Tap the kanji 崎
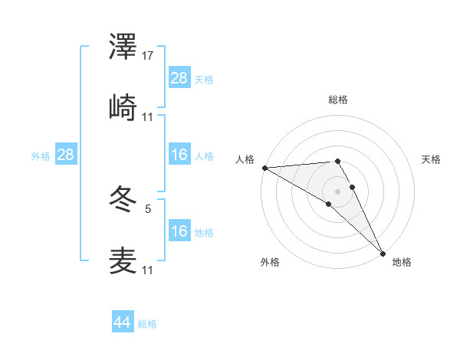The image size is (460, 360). click(x=123, y=107)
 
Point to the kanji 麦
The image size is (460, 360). click(x=123, y=260)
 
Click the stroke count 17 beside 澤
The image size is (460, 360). click(x=148, y=56)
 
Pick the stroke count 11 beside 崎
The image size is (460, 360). click(x=148, y=117)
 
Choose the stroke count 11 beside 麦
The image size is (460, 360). click(x=148, y=270)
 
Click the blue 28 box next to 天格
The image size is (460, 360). click(x=179, y=78)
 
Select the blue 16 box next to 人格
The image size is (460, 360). click(x=179, y=155)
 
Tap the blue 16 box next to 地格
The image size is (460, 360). click(x=179, y=231)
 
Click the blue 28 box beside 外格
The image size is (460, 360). click(x=66, y=155)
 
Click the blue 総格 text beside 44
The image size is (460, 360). click(x=147, y=324)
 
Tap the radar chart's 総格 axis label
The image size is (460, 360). click(x=338, y=100)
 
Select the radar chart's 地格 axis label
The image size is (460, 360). click(x=402, y=262)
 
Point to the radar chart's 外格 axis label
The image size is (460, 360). click(x=270, y=262)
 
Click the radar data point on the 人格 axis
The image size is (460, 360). click(x=264, y=168)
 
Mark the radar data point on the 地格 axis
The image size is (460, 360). click(x=383, y=253)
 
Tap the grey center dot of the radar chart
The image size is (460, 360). click(x=338, y=191)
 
